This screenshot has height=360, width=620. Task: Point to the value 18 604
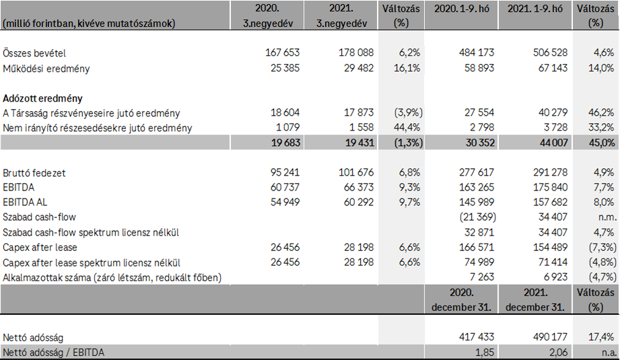285,113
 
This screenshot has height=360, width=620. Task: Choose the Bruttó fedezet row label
34,173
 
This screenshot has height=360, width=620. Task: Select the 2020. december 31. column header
461,300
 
